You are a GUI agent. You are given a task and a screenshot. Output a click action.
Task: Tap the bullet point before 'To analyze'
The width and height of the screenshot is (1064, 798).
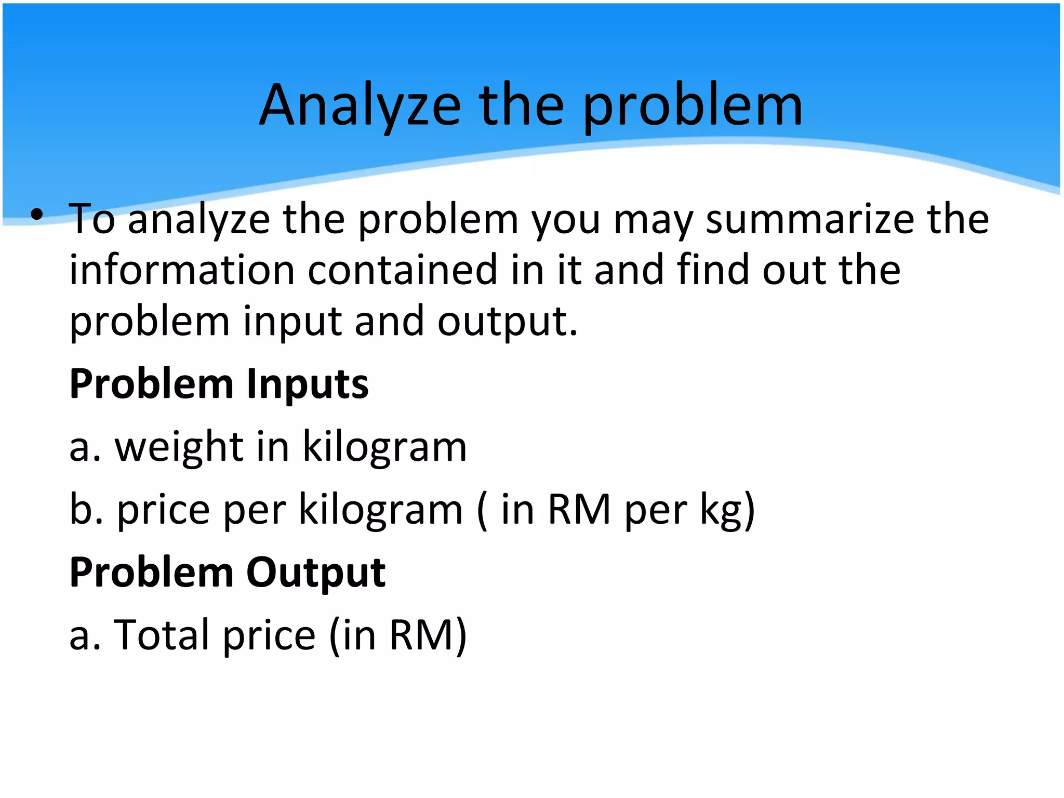pos(36,215)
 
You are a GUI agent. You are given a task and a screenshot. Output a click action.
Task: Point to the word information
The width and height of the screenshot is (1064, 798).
pos(182,270)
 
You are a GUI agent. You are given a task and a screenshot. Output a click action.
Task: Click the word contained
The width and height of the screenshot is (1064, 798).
pos(403,270)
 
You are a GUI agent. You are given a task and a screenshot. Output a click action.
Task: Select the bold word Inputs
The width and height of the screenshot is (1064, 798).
pos(307,384)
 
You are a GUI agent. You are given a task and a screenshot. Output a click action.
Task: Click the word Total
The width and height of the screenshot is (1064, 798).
pos(162,635)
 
